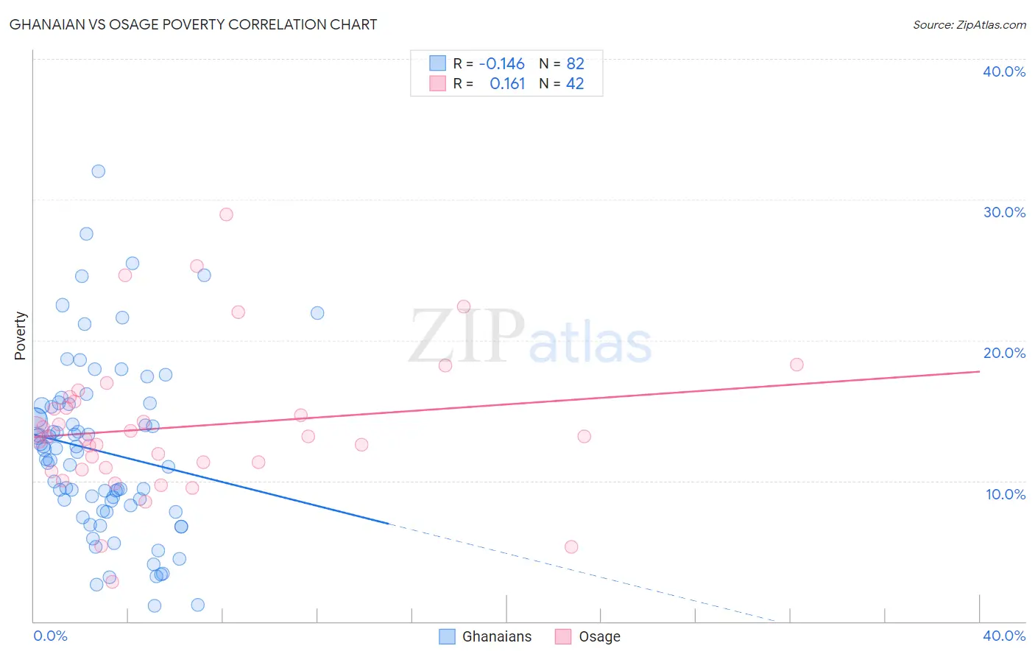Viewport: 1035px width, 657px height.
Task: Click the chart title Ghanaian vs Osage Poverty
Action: tap(193, 24)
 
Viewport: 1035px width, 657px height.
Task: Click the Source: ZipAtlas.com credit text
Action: tap(969, 24)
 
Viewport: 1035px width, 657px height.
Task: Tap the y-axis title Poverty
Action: tap(20, 335)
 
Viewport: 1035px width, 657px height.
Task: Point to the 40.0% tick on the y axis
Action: tap(1004, 71)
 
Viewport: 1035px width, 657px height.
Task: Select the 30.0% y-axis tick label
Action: tap(1004, 212)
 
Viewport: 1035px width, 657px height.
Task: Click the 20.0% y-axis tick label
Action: tap(1004, 353)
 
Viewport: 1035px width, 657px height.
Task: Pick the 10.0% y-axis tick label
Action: tap(1005, 494)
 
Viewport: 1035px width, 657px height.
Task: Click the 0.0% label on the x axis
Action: tap(50, 636)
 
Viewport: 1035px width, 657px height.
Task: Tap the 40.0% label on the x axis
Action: tap(1004, 636)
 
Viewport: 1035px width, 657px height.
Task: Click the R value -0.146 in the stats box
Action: tap(501, 63)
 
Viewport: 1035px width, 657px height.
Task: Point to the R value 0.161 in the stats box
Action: tap(507, 83)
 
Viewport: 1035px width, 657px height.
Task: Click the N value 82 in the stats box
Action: tap(575, 63)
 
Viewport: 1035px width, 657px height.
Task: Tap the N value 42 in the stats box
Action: tap(575, 83)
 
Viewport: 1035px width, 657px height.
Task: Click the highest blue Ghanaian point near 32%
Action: tap(98, 171)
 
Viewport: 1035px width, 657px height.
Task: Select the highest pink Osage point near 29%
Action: tap(226, 214)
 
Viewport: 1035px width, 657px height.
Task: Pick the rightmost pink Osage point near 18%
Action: tap(796, 365)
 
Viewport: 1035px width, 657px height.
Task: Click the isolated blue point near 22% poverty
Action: tap(317, 313)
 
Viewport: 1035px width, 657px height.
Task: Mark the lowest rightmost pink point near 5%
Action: tap(571, 547)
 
